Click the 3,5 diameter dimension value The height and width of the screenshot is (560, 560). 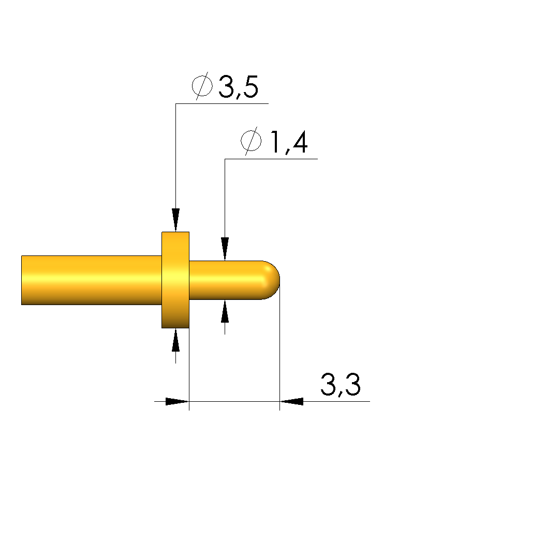coord(238,87)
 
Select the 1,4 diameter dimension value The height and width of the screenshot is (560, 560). coord(289,142)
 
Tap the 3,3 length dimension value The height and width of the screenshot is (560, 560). coord(340,385)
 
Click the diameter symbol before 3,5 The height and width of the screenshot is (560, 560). coord(202,86)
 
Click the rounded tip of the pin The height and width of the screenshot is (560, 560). coord(272,280)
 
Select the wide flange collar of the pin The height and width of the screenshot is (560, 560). coord(175,280)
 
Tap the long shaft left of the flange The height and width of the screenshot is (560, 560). coord(92,280)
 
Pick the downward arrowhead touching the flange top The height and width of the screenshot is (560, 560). coord(175,220)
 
